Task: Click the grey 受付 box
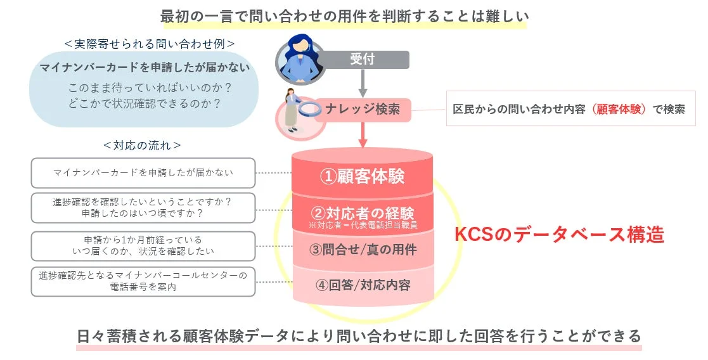coord(363,60)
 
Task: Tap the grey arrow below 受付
coord(363,82)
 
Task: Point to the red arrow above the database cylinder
coord(363,134)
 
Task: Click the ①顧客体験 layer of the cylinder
coord(362,176)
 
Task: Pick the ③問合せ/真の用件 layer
coord(363,250)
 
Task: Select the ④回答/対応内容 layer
coord(363,285)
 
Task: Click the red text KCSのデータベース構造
coord(559,235)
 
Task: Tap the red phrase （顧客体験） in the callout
coord(618,109)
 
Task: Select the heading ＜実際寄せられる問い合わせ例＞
coord(150,44)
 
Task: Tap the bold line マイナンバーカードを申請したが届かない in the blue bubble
coord(145,68)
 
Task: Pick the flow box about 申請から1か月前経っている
coord(143,246)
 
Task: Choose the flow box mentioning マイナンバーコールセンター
coord(143,281)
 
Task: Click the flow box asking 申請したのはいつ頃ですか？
coord(143,208)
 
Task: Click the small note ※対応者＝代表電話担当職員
coord(362,225)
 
